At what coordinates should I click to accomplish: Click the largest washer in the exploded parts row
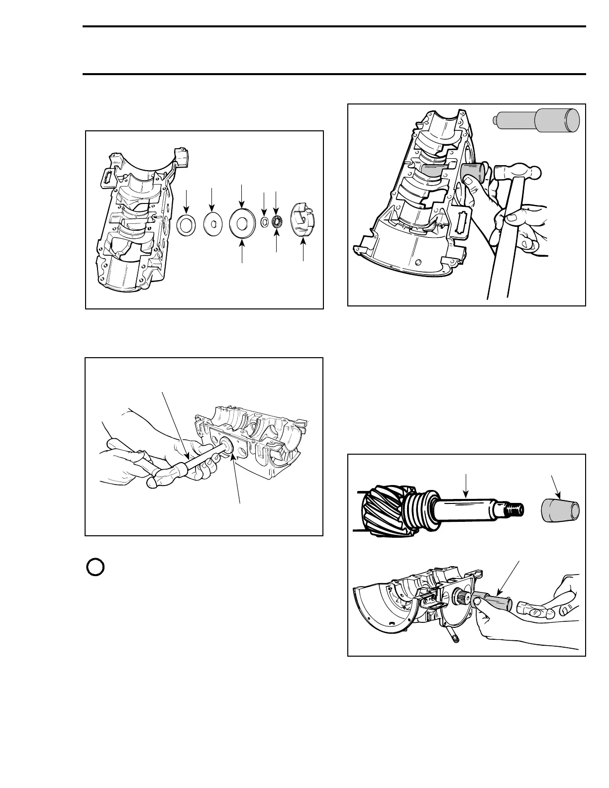[241, 225]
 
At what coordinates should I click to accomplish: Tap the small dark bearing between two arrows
[277, 220]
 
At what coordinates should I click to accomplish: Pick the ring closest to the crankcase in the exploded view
[186, 225]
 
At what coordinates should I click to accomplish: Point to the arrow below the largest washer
[242, 251]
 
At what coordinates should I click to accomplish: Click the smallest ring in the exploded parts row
[265, 221]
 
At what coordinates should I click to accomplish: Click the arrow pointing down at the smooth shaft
[466, 486]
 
